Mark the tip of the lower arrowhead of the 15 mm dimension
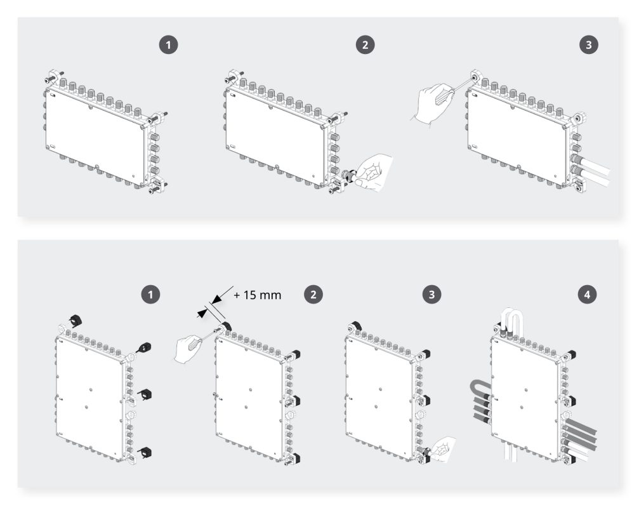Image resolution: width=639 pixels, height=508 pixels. pyautogui.click(x=206, y=312)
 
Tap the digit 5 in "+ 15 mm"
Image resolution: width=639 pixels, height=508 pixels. pyautogui.click(x=253, y=295)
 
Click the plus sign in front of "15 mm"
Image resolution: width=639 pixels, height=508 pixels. pyautogui.click(x=237, y=295)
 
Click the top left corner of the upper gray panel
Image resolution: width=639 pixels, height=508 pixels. pyautogui.click(x=18, y=17)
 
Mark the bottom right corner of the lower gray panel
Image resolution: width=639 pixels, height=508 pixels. pyautogui.click(x=619, y=488)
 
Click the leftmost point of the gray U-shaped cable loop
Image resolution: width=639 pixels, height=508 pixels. pyautogui.click(x=470, y=388)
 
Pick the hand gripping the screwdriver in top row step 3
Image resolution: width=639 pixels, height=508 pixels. pyautogui.click(x=431, y=103)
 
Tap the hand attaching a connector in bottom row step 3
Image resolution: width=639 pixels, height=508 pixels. pyautogui.click(x=442, y=449)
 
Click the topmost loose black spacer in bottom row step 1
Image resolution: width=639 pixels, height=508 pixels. pyautogui.click(x=75, y=321)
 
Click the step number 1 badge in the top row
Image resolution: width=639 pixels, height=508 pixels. pyautogui.click(x=168, y=45)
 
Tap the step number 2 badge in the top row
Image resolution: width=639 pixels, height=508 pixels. pyautogui.click(x=365, y=45)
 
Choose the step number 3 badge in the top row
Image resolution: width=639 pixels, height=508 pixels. pyautogui.click(x=588, y=45)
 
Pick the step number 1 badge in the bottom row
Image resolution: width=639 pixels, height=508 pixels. pyautogui.click(x=150, y=295)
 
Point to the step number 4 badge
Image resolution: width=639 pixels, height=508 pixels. pyautogui.click(x=587, y=295)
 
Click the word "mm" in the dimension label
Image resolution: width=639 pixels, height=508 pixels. pyautogui.click(x=271, y=295)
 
